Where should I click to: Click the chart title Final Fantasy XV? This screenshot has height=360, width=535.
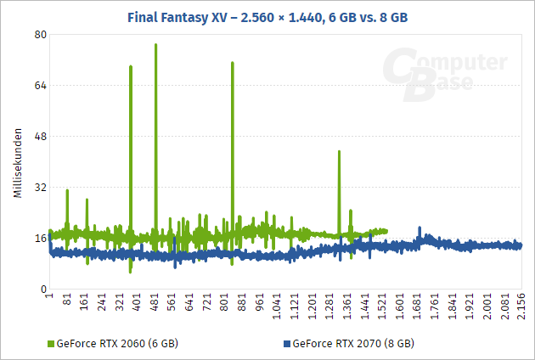point(267,15)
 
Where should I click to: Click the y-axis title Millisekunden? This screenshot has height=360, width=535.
point(17,164)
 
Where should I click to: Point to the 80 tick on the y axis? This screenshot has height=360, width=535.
point(40,35)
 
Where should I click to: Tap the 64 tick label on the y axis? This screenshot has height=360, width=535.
point(40,86)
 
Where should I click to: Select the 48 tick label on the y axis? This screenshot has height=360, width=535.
point(40,137)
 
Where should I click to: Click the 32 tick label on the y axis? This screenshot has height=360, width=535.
point(40,188)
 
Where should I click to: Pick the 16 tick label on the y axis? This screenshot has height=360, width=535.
point(40,239)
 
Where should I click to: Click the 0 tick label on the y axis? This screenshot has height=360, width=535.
point(42,290)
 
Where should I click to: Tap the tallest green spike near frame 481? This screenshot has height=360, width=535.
point(155,45)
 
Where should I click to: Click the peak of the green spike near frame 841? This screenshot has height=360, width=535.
point(232,63)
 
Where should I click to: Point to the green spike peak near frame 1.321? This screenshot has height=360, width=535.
point(339,152)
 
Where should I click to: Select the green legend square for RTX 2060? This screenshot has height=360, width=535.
point(50,345)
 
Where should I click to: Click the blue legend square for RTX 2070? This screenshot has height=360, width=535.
point(285,345)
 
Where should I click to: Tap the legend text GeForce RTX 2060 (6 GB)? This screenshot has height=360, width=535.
point(117,345)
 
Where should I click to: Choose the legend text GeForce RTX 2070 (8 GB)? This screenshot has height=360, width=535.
point(352,345)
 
